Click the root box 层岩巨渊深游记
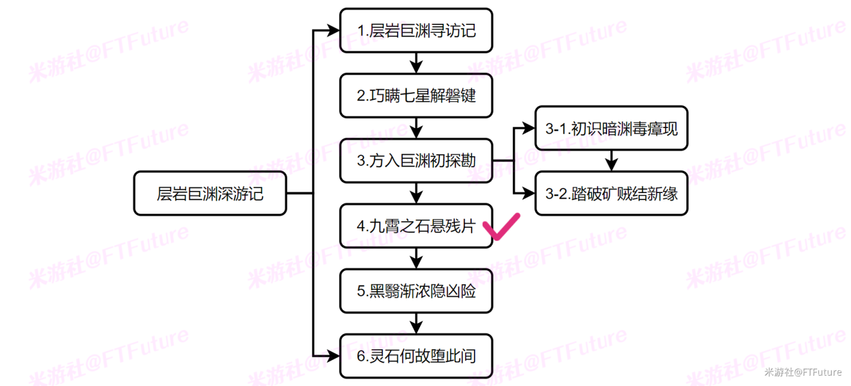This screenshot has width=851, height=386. tap(210, 194)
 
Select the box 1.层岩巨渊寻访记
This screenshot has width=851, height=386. tap(416, 30)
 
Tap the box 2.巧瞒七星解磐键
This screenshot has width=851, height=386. tap(416, 95)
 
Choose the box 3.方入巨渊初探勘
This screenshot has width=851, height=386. tap(416, 161)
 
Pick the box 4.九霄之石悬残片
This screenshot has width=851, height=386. tap(416, 226)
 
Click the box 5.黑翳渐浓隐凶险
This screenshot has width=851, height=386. tap(416, 291)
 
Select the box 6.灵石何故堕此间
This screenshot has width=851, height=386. tap(416, 356)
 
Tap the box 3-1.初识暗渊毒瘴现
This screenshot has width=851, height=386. tap(611, 129)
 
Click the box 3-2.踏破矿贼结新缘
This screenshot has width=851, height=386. tap(611, 194)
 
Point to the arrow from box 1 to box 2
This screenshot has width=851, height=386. tap(416, 62)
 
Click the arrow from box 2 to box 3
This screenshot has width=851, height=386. tap(416, 128)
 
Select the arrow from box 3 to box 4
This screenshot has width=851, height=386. tap(416, 194)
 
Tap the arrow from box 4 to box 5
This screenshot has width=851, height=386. tap(416, 259)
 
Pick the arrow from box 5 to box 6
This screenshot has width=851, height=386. tap(416, 324)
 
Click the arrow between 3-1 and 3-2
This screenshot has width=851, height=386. tap(611, 161)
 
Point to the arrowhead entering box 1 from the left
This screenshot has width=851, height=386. tap(334, 30)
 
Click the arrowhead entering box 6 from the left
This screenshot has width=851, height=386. tap(334, 356)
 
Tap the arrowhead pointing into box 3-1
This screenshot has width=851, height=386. tap(529, 129)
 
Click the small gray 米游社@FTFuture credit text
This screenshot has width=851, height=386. tap(803, 372)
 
